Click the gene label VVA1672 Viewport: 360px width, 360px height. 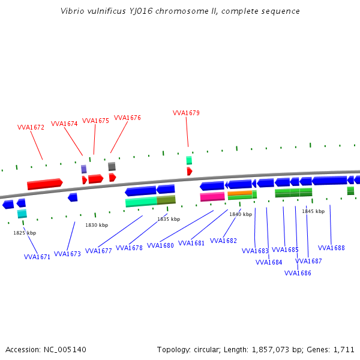point(31,127)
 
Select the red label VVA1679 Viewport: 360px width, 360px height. point(186,113)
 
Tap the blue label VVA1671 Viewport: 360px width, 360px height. point(37,257)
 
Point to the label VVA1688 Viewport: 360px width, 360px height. point(331,248)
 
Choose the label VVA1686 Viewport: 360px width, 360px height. point(298,273)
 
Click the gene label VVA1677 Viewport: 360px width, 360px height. point(98,251)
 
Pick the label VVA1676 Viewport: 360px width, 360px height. point(127,118)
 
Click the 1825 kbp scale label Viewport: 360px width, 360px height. point(25,233)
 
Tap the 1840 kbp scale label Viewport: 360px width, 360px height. point(241,214)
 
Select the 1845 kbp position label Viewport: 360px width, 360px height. point(313,211)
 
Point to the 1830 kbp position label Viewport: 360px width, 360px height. point(97,225)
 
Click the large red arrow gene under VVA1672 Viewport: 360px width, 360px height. point(44,184)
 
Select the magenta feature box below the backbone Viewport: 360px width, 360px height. point(212,196)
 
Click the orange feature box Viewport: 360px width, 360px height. point(239,193)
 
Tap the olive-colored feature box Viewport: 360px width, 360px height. point(166,200)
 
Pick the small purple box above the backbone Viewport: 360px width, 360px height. point(84,169)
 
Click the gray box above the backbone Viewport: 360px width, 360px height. point(112,166)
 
